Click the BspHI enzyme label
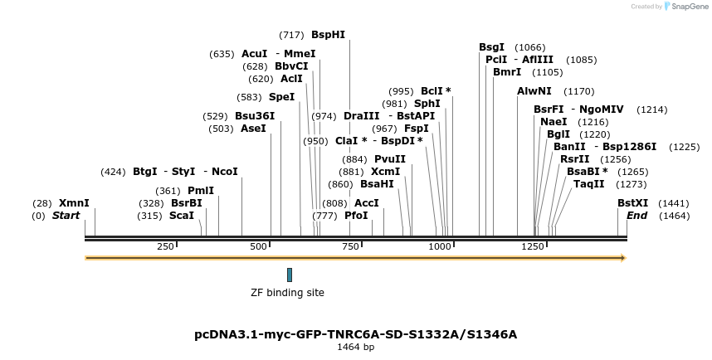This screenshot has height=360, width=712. point(328,35)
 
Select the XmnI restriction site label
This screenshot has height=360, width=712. point(74,202)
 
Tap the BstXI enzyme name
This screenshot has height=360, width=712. point(632,202)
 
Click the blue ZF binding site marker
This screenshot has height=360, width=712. point(290,275)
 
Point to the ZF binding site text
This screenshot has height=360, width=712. point(287,293)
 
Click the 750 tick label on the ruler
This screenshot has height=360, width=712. point(351,247)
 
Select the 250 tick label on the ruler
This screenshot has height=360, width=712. point(165,247)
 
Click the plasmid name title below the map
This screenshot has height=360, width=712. point(355,334)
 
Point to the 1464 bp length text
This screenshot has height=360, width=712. point(355,348)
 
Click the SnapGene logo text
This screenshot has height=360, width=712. point(689,7)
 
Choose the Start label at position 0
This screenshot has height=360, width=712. point(66,216)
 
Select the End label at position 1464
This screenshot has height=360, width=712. point(637,216)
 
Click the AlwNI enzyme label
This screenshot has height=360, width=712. point(534,91)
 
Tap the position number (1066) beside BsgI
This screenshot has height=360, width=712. point(530,47)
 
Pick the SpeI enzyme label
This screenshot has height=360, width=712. point(281,97)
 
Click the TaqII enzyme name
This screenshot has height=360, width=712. point(588,184)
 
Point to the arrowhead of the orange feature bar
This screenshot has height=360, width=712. point(622,258)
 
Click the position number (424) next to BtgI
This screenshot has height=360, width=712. point(113,172)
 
